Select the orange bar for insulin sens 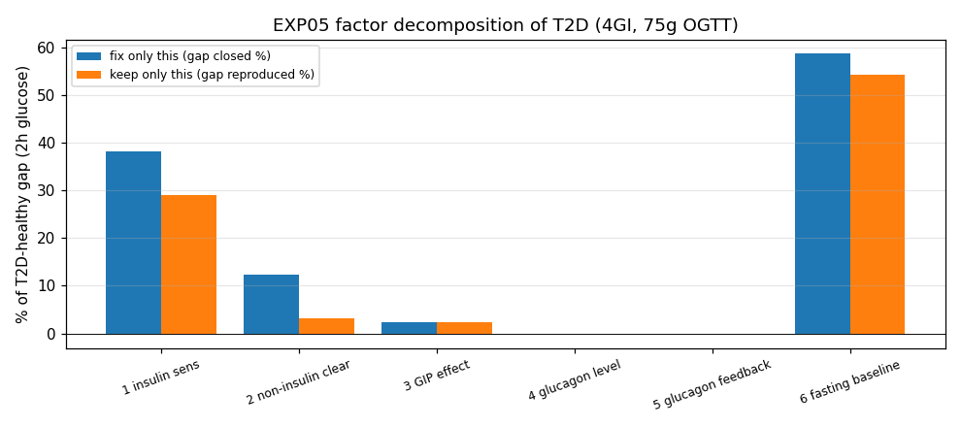coord(188,265)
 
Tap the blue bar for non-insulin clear coord(272,305)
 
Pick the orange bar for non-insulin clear coord(327,326)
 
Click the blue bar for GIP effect coord(410,328)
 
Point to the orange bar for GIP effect coord(465,328)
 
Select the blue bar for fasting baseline coord(822,193)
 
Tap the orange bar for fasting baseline coord(878,205)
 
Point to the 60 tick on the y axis coord(64,48)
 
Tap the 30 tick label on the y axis coord(49,190)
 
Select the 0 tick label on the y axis coord(51,334)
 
